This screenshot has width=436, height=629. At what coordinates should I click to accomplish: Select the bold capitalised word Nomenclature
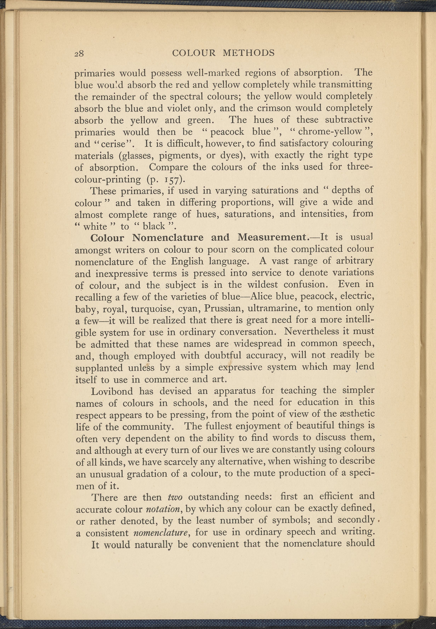(x=168, y=238)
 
